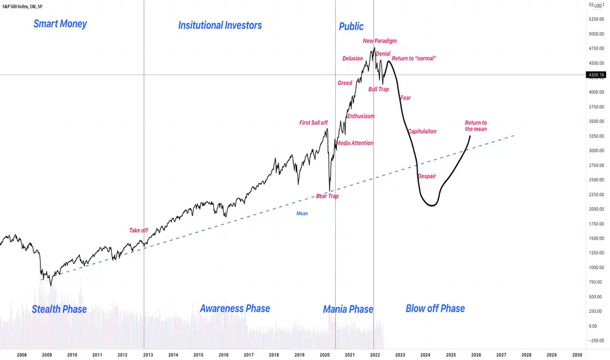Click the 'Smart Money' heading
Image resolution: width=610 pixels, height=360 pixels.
[60, 25]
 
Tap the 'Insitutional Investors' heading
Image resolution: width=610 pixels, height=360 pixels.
[220, 26]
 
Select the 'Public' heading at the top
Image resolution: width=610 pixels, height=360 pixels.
[351, 27]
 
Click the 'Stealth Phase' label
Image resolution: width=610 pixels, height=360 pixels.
[60, 308]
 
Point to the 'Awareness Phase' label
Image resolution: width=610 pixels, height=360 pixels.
[234, 308]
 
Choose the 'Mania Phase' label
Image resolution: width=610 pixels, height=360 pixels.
[348, 309]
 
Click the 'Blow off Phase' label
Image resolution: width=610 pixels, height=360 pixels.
[435, 308]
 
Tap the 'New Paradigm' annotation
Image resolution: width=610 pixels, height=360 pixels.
[380, 41]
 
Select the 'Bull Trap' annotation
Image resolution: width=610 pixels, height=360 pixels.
[378, 89]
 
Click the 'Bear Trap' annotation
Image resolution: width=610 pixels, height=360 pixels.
[327, 196]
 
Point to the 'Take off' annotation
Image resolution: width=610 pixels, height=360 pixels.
[138, 230]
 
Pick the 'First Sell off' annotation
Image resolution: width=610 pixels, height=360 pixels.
[314, 123]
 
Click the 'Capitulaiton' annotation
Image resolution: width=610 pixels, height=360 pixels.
[422, 132]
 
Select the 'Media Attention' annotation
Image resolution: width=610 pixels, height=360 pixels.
[354, 143]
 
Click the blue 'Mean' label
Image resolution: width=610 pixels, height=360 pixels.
[302, 213]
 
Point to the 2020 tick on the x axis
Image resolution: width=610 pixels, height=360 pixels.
[325, 354]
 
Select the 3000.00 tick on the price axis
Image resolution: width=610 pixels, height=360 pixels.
[596, 151]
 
